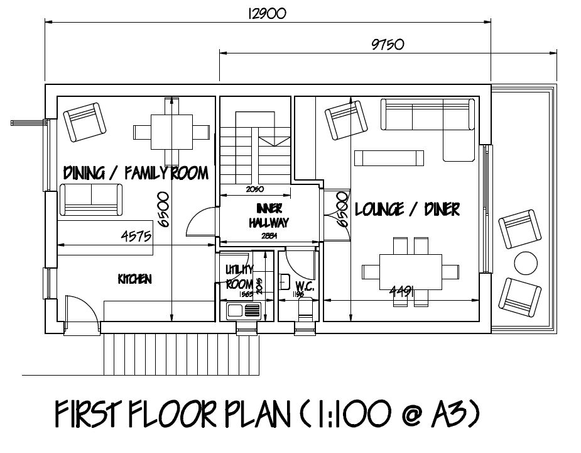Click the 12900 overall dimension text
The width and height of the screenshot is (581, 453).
(268, 13)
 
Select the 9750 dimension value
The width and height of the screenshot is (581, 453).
(388, 45)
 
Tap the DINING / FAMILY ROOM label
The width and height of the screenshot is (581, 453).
(136, 172)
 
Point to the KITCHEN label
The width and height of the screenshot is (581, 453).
(134, 278)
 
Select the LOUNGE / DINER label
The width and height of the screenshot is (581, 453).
(407, 209)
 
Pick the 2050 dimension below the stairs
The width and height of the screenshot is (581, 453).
(255, 189)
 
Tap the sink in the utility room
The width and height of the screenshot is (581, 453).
(243, 310)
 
